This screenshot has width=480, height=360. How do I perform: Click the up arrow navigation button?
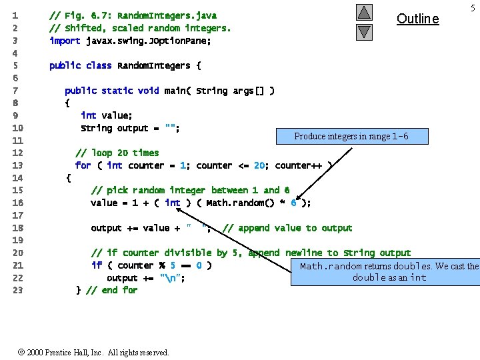point(363,12)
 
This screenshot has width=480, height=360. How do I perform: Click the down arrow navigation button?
point(363,31)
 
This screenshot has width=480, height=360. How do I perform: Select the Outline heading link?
point(417,19)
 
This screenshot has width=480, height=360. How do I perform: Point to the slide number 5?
point(473,7)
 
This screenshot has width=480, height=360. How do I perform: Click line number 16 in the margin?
point(17,203)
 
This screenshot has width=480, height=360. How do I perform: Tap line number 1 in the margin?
point(15,15)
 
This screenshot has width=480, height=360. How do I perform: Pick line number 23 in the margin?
point(17,290)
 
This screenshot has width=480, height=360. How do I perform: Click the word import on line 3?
point(65,41)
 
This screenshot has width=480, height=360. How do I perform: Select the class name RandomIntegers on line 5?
point(153,65)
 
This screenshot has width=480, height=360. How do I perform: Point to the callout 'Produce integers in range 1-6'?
point(351,136)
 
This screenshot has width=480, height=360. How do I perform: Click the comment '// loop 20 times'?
point(117,153)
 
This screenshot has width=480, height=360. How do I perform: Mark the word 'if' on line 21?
point(97,265)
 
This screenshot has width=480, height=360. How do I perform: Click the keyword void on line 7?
point(148,91)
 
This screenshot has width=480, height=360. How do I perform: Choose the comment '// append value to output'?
point(287,228)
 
